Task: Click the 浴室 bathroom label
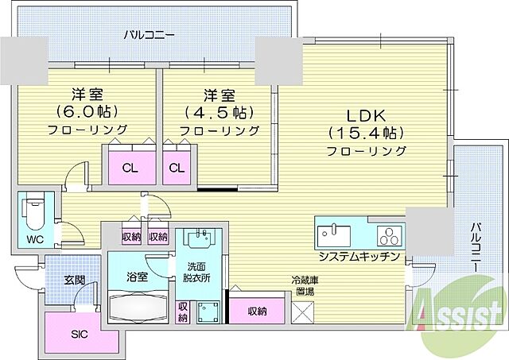138,277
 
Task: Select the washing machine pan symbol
208,312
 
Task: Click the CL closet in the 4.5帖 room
177,167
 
